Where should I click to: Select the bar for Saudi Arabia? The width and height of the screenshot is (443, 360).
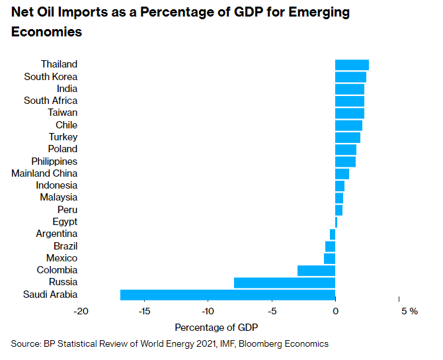click(227, 294)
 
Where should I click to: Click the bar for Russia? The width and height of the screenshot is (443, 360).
click(284, 283)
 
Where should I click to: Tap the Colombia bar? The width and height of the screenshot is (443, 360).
click(316, 270)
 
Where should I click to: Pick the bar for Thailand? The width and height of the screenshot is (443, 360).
click(352, 64)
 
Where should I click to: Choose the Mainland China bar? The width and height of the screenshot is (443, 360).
click(342, 173)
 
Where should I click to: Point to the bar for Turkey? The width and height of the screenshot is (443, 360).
click(348, 137)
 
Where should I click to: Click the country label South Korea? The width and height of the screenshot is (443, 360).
click(51, 77)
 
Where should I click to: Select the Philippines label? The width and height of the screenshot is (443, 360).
click(54, 161)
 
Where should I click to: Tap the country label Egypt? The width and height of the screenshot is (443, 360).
click(65, 222)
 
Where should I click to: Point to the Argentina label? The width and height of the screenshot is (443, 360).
click(57, 234)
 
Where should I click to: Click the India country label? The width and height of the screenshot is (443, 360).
click(67, 89)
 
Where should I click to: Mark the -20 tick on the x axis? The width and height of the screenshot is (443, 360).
click(81, 311)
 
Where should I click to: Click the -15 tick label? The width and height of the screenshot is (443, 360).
click(145, 311)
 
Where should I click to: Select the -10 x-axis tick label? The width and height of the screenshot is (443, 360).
click(208, 311)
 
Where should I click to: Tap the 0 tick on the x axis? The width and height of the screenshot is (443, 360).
click(335, 311)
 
